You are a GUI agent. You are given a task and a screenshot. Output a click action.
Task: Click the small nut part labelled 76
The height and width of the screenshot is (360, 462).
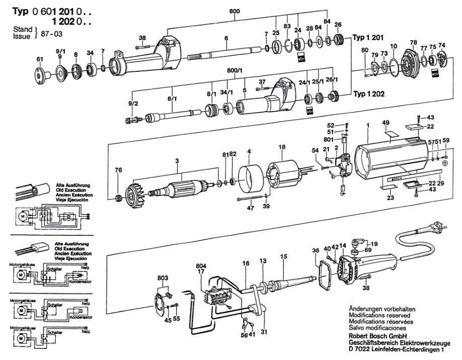(119, 196)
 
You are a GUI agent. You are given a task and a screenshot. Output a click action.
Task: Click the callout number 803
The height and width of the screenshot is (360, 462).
(163, 277)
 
